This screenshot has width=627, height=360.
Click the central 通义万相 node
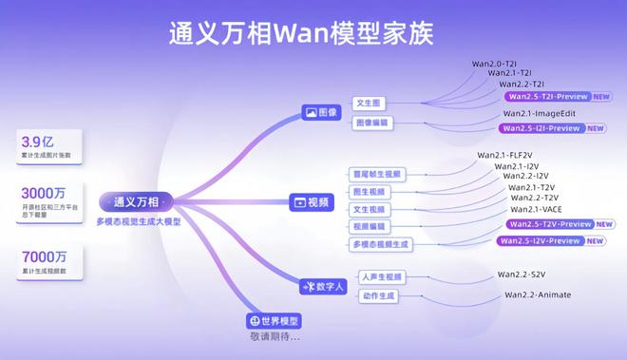point(136,202)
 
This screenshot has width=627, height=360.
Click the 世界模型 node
point(274,321)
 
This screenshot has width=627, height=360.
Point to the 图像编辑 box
point(372,123)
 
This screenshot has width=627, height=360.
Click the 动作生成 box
point(378,295)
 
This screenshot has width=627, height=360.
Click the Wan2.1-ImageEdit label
point(541,113)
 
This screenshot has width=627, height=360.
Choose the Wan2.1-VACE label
point(537,209)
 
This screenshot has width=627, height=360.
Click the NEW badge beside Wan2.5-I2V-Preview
point(596,241)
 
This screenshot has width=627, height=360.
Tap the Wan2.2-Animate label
point(541,294)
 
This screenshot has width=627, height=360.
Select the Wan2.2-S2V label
point(522,275)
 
